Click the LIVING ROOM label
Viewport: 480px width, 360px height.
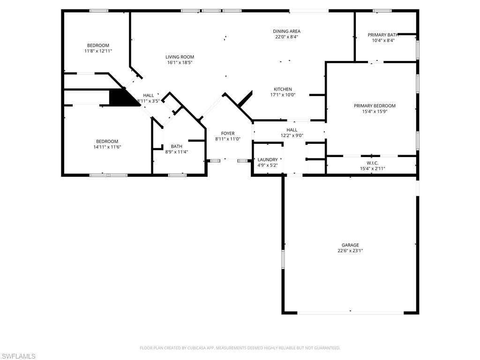coord(180,57)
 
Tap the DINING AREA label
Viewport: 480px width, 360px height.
coord(286,31)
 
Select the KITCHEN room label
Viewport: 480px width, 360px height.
coord(283,89)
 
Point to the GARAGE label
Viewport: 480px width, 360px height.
coord(350,245)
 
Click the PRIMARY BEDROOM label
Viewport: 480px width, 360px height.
coord(375,105)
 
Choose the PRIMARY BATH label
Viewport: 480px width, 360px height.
coord(383,35)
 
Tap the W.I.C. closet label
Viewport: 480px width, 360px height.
coord(372,163)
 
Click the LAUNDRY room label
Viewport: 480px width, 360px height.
coord(267,159)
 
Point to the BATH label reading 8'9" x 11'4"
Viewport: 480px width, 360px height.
coord(177,146)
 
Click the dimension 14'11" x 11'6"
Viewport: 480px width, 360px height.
coord(107,147)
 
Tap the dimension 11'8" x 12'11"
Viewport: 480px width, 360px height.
coord(98,51)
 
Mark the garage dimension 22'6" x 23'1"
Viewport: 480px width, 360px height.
coord(350,251)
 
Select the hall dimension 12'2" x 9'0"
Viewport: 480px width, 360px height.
coord(292,136)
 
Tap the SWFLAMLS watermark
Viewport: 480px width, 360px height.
coord(18,356)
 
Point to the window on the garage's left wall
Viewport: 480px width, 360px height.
coord(283,259)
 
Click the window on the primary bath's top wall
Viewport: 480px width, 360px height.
coord(382,11)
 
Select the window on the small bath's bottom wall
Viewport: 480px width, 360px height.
coord(177,175)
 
